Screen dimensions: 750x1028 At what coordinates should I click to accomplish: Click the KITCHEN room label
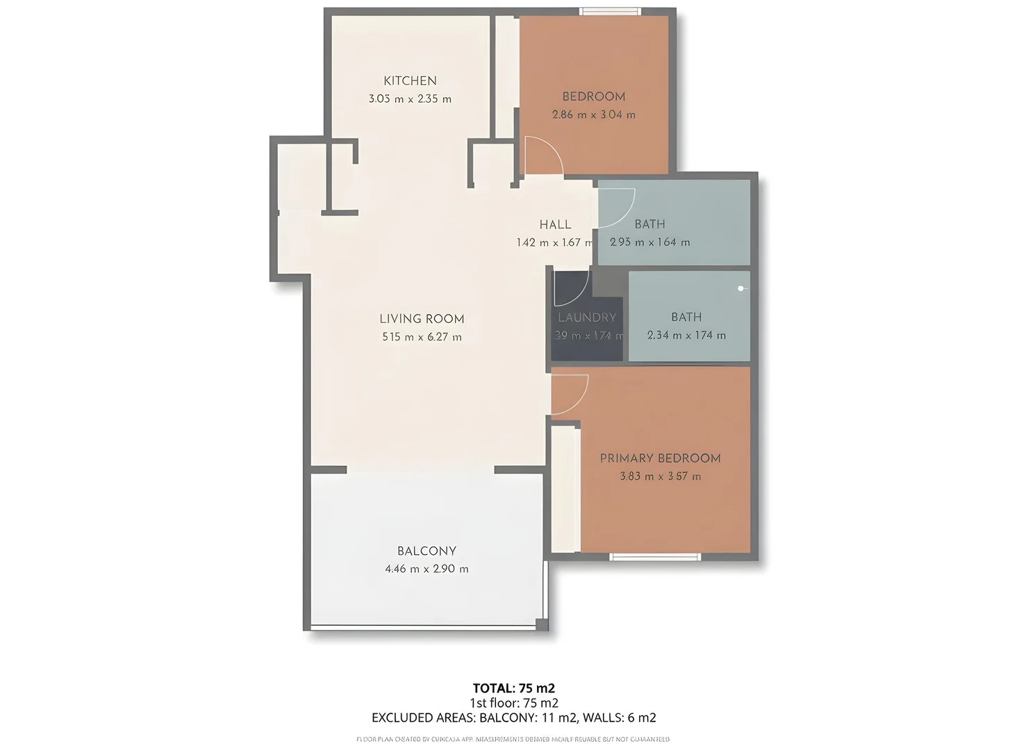pos(410,81)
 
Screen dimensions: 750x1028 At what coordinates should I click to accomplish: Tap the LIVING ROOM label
pos(422,319)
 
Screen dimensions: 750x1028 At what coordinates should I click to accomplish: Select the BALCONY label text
pos(426,551)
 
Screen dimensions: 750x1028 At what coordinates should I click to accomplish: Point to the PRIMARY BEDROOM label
pos(660,458)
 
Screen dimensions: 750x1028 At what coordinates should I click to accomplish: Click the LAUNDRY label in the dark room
pos(587,317)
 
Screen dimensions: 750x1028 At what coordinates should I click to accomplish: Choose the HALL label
pos(555,224)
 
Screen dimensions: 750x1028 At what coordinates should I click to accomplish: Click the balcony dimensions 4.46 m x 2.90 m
pos(426,569)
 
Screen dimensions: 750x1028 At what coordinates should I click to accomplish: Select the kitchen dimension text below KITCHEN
pos(410,99)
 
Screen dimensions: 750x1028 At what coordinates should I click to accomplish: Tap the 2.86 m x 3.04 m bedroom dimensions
pos(593,115)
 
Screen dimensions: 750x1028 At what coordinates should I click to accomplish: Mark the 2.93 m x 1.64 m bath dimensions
pos(649,242)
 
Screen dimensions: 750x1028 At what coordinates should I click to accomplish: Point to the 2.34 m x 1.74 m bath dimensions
pos(686,335)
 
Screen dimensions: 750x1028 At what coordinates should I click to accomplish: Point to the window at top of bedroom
pos(610,11)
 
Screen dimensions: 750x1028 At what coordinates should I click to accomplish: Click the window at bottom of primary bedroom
pos(655,557)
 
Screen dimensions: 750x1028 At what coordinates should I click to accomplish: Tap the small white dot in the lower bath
pos(741,288)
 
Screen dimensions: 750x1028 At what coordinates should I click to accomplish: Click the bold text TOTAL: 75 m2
pos(513,688)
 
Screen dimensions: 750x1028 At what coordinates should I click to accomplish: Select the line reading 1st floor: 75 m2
pos(513,703)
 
